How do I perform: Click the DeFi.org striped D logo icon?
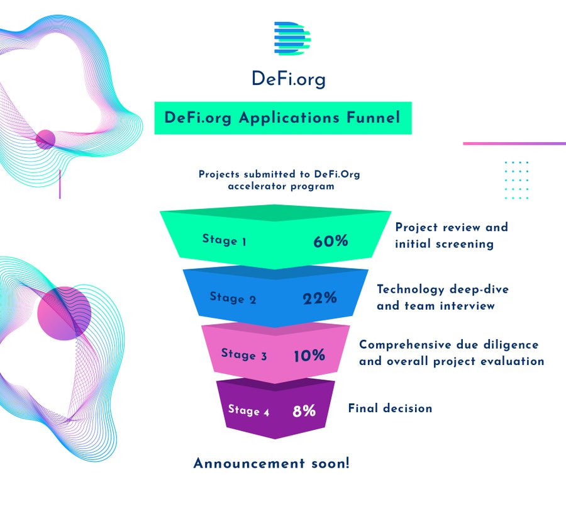(292, 38)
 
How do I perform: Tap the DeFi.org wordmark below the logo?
(289, 79)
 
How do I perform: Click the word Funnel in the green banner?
(373, 118)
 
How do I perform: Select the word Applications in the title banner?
(289, 118)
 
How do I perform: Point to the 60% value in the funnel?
(331, 241)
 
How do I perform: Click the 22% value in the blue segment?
(320, 298)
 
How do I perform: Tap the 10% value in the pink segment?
(309, 356)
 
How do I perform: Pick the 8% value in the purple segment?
(304, 410)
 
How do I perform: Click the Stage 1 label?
(224, 240)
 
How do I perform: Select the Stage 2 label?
(233, 298)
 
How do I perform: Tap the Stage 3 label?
(244, 354)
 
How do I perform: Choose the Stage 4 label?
(248, 410)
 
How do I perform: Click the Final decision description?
(390, 408)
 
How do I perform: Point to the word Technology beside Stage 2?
(411, 290)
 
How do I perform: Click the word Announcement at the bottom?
(249, 463)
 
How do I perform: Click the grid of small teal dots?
(516, 180)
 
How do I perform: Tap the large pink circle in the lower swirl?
(64, 313)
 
